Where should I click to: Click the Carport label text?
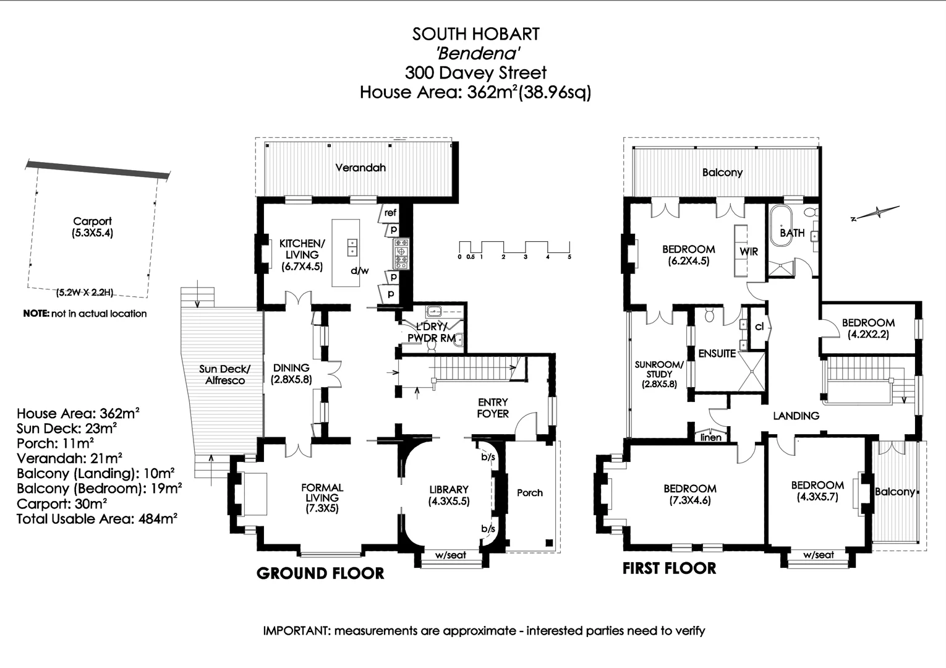92,221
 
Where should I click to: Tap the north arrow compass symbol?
875,213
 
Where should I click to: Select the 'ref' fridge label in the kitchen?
390,213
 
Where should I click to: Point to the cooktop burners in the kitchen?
401,254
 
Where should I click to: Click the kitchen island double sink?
352,247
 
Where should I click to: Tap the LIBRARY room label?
449,489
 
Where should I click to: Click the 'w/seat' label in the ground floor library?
450,555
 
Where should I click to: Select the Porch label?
529,493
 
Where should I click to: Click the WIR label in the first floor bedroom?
748,252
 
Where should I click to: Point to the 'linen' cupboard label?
710,437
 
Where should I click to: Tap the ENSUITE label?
717,354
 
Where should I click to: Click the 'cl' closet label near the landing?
759,327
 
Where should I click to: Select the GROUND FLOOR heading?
320,573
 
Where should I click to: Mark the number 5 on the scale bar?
569,257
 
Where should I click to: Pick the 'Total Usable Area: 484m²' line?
96,519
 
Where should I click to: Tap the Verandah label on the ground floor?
360,168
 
